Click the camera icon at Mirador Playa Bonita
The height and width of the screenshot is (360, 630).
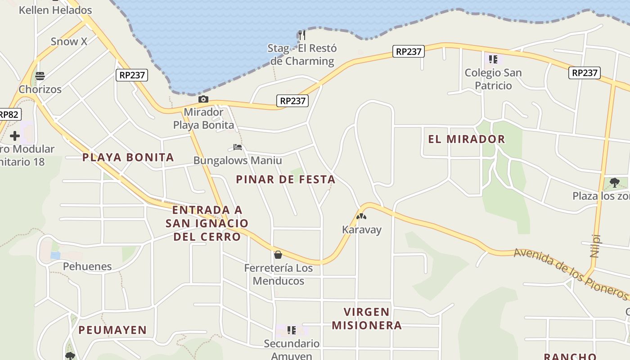pos(203,99)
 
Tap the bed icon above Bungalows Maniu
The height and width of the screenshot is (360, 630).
pos(238,147)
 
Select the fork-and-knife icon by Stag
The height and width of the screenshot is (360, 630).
pos(302,35)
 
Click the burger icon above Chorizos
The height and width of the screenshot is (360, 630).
pos(40,76)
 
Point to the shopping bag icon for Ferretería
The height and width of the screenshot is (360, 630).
pos(278,255)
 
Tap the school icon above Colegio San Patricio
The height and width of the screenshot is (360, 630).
pos(493,59)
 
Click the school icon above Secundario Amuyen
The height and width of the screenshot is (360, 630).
pos(292,330)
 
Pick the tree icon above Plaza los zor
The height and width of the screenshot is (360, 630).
pos(615,183)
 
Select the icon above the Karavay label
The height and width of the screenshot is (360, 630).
pos(361,216)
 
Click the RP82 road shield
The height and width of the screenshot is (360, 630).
pos(9,114)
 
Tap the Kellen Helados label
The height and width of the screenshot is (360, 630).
pos(55,10)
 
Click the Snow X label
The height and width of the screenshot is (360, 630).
pos(69,41)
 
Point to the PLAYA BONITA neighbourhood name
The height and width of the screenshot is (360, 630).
pos(128,157)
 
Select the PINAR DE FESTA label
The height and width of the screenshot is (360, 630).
pos(286,179)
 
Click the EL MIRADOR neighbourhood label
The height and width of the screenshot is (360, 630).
pos(467,139)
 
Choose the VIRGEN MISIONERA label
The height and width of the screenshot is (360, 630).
pos(367,318)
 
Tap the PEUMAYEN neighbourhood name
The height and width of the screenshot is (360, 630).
pos(112,330)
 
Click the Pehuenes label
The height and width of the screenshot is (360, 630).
pos(87,266)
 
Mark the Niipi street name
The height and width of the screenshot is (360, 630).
pos(595,246)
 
